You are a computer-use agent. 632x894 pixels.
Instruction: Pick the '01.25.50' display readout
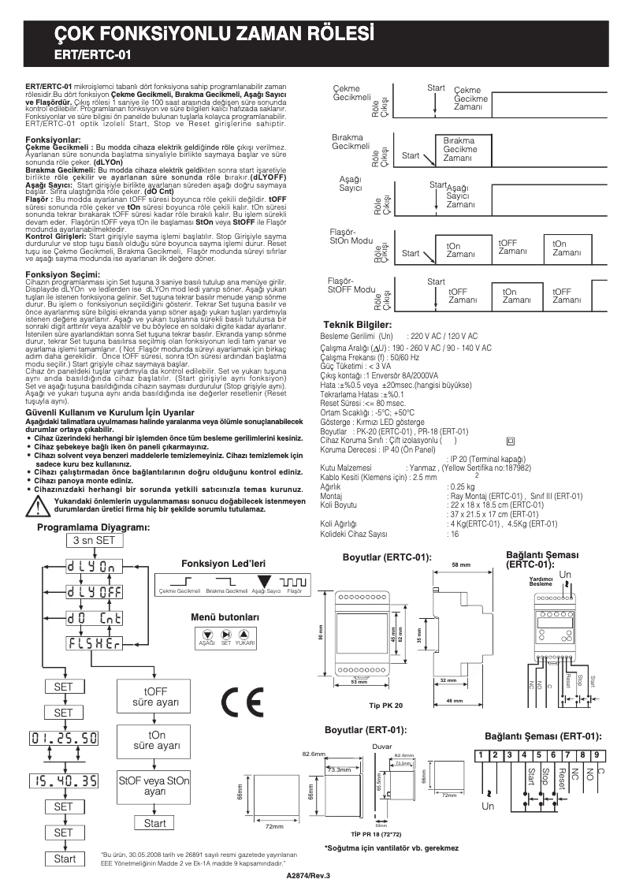pos(64,739)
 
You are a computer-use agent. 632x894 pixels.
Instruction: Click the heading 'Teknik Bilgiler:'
pos(358,325)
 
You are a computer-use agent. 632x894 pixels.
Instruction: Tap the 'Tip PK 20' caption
pos(386,706)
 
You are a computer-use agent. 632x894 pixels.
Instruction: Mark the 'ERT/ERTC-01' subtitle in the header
pos(92,56)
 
